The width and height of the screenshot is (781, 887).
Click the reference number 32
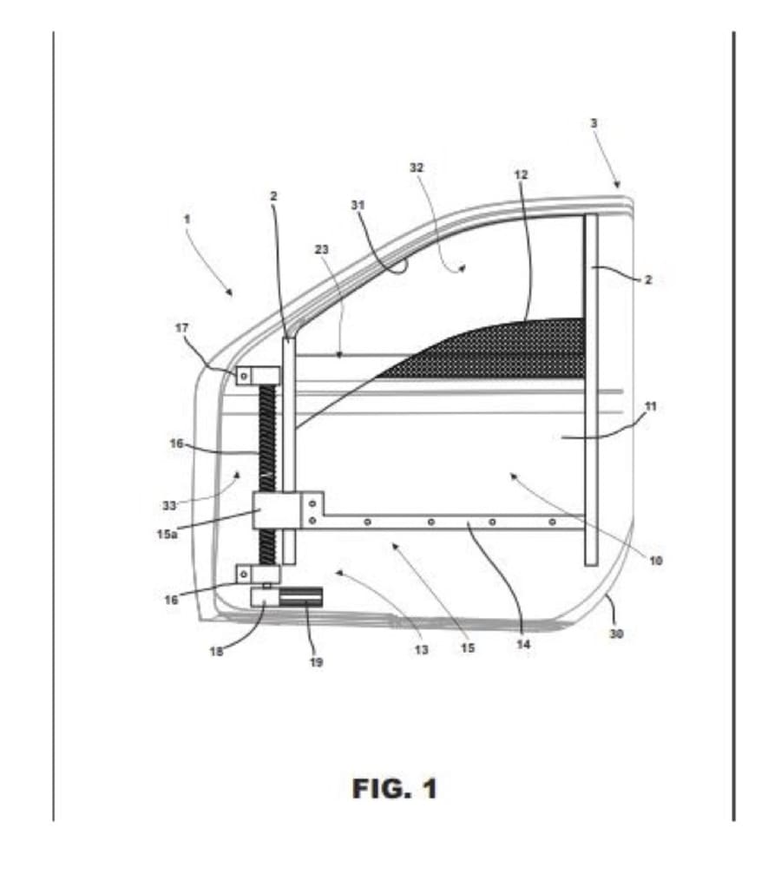pyautogui.click(x=417, y=168)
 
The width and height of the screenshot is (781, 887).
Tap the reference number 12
pyautogui.click(x=521, y=174)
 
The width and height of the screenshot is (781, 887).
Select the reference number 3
pyautogui.click(x=594, y=123)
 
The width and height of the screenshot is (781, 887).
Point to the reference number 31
pyautogui.click(x=357, y=205)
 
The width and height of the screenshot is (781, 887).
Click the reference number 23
pyautogui.click(x=321, y=250)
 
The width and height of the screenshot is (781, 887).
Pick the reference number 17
pyautogui.click(x=180, y=327)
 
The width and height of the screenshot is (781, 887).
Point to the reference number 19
pyautogui.click(x=316, y=662)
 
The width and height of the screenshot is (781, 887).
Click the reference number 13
pyautogui.click(x=421, y=650)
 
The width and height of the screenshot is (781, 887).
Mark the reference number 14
pyautogui.click(x=523, y=645)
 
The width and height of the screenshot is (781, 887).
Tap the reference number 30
pyautogui.click(x=615, y=634)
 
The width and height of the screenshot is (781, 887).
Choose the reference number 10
pyautogui.click(x=656, y=561)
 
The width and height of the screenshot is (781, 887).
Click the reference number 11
pyautogui.click(x=651, y=405)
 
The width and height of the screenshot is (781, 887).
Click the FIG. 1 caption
pyautogui.click(x=395, y=789)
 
